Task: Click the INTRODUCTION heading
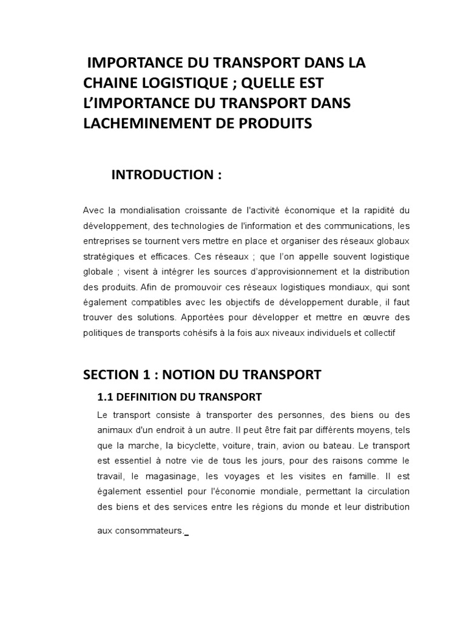166,176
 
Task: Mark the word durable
357,302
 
